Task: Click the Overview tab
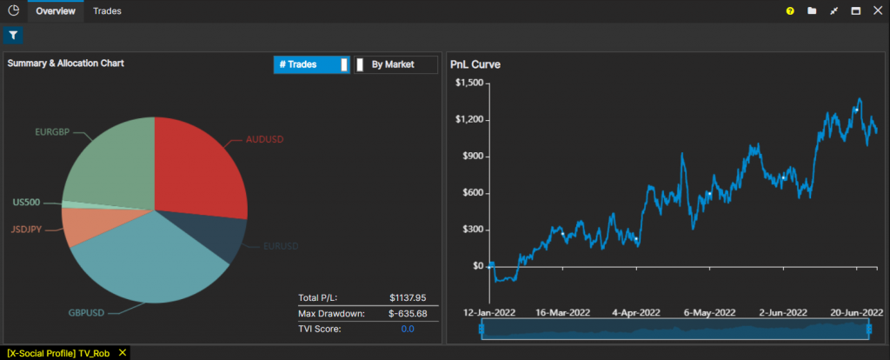(x=56, y=11)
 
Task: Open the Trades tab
(x=108, y=11)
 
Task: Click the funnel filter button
(x=13, y=36)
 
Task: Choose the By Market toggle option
(x=395, y=64)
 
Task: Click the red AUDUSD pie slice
(x=198, y=165)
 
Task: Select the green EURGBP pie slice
(x=109, y=161)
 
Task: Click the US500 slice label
(x=26, y=202)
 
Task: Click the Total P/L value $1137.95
(x=408, y=298)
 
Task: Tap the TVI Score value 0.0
(x=408, y=329)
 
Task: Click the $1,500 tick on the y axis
(x=469, y=83)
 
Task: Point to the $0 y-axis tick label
(x=477, y=266)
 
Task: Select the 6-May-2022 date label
(x=708, y=311)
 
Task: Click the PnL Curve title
(x=475, y=64)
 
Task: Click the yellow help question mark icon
(x=790, y=11)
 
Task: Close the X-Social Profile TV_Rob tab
(x=123, y=352)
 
